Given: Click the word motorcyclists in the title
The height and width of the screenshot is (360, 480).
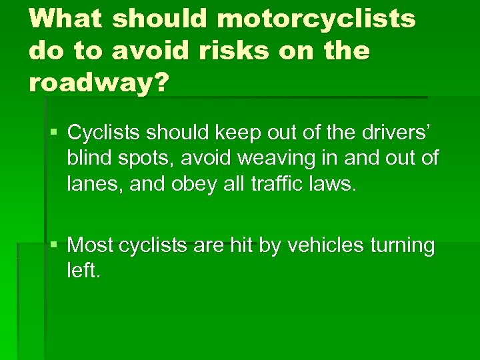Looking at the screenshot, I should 317,19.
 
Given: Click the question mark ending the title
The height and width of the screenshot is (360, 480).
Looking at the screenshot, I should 163,83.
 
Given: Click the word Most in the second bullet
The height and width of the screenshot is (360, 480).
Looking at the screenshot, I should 91,246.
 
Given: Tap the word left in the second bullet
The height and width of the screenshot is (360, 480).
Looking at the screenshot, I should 82,271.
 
